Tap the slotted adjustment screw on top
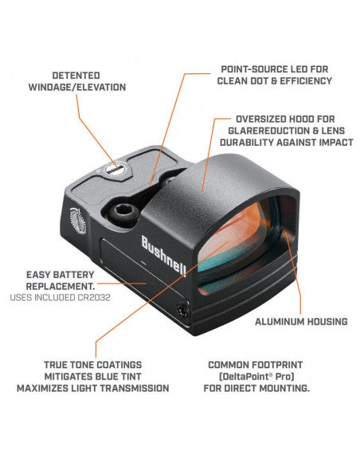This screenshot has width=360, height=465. click(115, 170)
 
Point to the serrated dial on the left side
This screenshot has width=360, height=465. click(78, 221)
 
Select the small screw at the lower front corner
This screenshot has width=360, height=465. click(183, 310)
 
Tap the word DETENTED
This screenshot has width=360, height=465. click(76, 76)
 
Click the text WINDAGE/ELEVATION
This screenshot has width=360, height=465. click(77, 88)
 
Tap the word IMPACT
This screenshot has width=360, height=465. click(336, 143)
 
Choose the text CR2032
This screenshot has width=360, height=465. click(94, 298)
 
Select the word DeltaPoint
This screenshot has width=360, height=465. click(245, 377)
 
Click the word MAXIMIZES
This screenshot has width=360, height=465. click(41, 389)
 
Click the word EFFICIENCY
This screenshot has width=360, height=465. click(306, 81)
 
